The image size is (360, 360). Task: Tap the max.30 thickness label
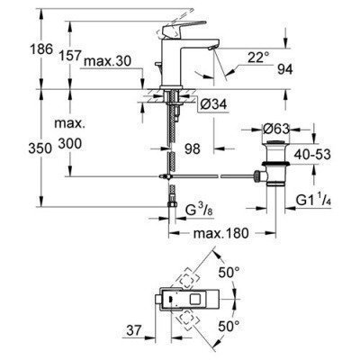click(x=111, y=62)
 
